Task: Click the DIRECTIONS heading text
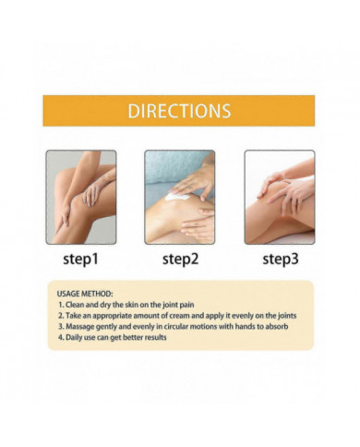tap(179, 111)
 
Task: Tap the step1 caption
tap(80, 259)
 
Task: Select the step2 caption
tap(180, 259)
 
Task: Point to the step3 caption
tap(281, 259)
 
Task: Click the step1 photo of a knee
tap(81, 197)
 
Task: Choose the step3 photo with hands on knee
tap(280, 197)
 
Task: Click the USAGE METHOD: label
tap(85, 294)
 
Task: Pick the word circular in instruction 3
tap(176, 326)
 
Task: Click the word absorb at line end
tap(277, 326)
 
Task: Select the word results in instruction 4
tap(155, 337)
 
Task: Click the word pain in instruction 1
tap(187, 305)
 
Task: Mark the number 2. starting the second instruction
tap(61, 316)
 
